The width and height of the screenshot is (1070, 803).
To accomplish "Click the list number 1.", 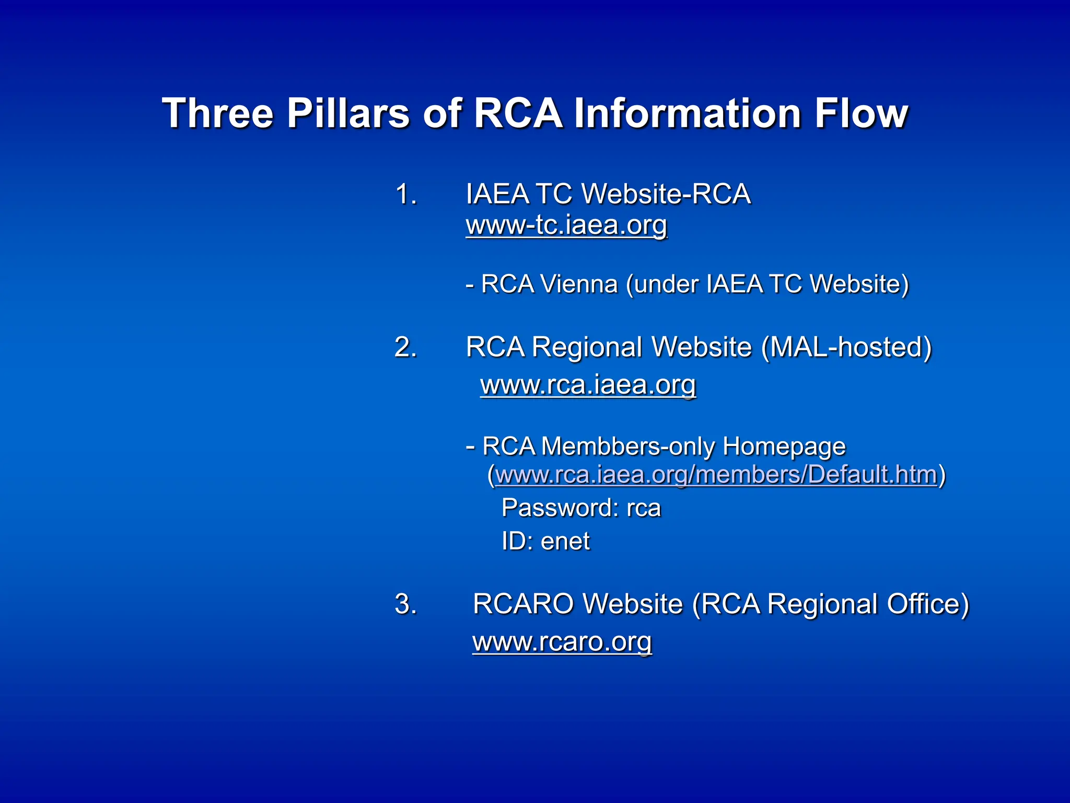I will pos(406,194).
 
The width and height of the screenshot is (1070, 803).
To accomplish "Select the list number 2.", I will pos(406,347).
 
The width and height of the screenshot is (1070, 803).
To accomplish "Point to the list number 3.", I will pos(406,604).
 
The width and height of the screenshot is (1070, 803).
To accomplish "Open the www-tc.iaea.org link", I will pos(566,225).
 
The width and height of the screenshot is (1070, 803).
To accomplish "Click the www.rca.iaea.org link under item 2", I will pos(588,385).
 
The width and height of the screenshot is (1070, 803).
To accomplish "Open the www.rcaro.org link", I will pos(562,641).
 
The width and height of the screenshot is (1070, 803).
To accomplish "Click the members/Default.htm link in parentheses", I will pos(716,475).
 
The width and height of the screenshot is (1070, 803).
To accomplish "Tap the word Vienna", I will pos(579,284).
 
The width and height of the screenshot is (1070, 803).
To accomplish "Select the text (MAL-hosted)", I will pos(846,347).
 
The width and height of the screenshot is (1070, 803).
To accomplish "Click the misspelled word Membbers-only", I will pos(627,446).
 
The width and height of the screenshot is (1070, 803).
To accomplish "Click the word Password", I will pos(557,508).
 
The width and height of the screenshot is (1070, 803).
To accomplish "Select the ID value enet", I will pos(565,541).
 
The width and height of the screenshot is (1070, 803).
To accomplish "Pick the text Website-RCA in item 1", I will pos(666,194).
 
